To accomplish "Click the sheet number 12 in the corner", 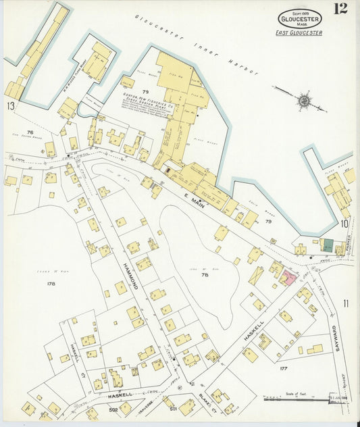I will (x=340, y=9).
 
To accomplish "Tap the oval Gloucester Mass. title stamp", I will (x=299, y=18).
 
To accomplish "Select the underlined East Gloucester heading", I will (x=299, y=32).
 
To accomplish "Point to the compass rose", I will (x=304, y=101).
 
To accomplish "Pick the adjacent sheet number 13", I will (x=10, y=106).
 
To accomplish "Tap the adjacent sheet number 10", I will (x=344, y=223).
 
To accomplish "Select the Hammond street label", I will (x=131, y=269).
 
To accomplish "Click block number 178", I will (x=51, y=284).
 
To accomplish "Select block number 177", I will (x=284, y=369).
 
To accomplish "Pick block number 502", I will (x=114, y=409).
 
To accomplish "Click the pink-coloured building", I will (x=289, y=276).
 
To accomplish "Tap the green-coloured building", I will (x=327, y=247).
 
